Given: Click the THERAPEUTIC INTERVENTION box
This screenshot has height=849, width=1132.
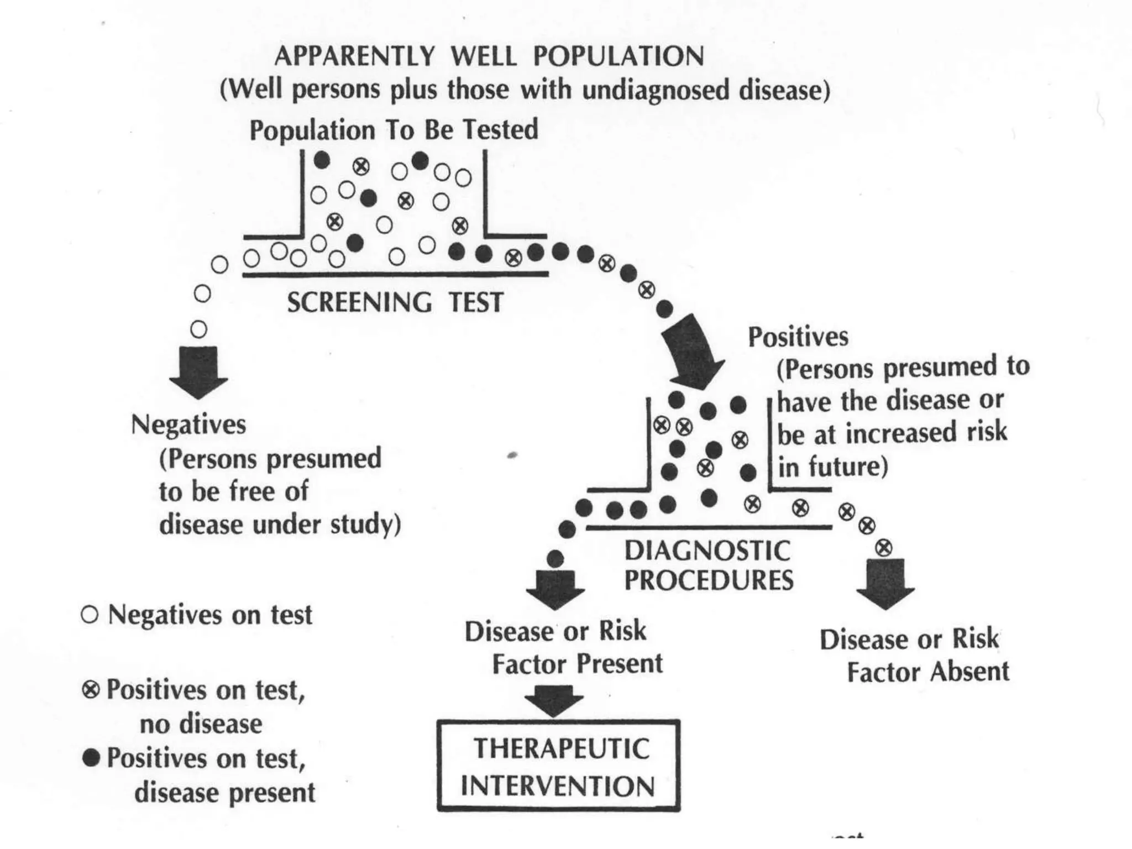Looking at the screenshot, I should [558, 766].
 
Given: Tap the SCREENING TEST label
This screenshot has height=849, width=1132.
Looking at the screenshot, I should [395, 302].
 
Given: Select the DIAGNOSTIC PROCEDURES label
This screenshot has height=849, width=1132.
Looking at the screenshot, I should [709, 565].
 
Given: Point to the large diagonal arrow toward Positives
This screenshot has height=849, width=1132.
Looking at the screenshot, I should [694, 351].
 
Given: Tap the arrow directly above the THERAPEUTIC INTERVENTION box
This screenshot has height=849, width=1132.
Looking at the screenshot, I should [554, 700].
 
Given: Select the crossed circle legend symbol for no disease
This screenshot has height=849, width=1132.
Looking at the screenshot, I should [91, 690].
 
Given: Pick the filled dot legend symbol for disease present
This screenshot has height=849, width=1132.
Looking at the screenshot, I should [91, 758].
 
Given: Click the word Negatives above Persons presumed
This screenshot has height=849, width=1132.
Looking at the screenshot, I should [188, 425].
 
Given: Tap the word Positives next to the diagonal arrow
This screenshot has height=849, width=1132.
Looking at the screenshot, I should [798, 337].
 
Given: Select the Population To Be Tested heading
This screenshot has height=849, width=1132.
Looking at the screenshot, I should [394, 130].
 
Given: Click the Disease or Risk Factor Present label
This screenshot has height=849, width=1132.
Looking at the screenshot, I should [563, 647].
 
